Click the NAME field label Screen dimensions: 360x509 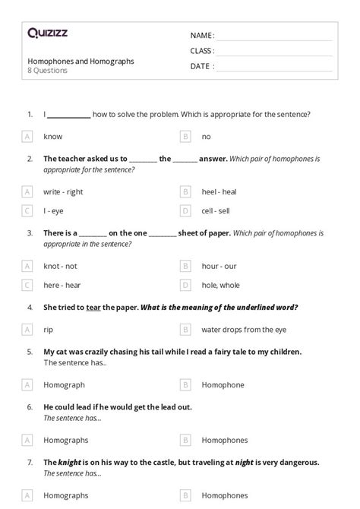pyautogui.click(x=202, y=35)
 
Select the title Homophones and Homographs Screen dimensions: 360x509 pyautogui.click(x=81, y=61)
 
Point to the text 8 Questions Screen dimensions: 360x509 pyautogui.click(x=48, y=71)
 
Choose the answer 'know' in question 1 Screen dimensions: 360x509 pyautogui.click(x=53, y=137)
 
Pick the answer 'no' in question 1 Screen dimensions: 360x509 pyautogui.click(x=206, y=137)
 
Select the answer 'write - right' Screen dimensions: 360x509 pyautogui.click(x=63, y=192)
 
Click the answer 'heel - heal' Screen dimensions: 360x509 pyautogui.click(x=219, y=192)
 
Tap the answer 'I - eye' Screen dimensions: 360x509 pyautogui.click(x=53, y=210)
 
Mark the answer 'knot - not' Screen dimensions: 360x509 pyautogui.click(x=61, y=266)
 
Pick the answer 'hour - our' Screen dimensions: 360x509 pyautogui.click(x=219, y=266)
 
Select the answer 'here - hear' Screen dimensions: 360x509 pyautogui.click(x=63, y=285)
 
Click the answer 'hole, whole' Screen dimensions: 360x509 pyautogui.click(x=220, y=285)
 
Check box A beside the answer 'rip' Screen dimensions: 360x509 pyautogui.click(x=27, y=330)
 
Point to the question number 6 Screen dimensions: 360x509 pyautogui.click(x=30, y=406)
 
